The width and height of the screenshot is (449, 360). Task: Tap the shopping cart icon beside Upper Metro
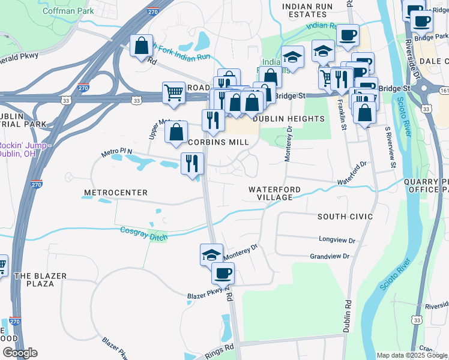[x=173, y=93]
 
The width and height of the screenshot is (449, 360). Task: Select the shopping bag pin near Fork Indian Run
[x=141, y=46]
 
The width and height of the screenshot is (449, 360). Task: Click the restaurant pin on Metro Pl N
[x=193, y=163]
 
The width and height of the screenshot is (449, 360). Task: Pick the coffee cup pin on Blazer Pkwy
[x=223, y=274]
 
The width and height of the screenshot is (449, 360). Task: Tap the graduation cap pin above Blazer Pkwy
[x=211, y=254]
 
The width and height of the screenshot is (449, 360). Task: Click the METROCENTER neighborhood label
[x=116, y=193]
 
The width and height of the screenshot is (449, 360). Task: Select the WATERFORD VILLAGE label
[x=275, y=193]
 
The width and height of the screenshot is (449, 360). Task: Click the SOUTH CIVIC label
[x=345, y=216]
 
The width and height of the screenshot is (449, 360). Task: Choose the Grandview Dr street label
[x=330, y=256]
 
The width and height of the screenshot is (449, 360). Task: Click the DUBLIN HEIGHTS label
[x=289, y=119]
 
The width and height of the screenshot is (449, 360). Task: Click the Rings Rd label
[x=220, y=348]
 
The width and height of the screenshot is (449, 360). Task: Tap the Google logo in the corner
[x=20, y=353]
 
